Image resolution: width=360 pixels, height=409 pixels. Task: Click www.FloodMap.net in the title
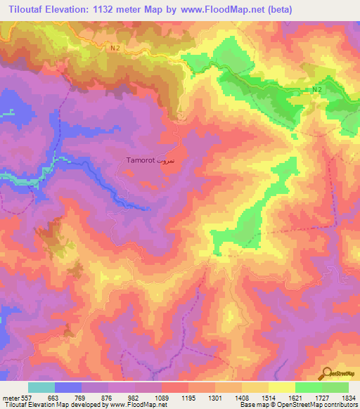pyautogui.click(x=218, y=9)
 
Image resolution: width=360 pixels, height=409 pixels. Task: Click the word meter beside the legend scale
pyautogui.click(x=10, y=397)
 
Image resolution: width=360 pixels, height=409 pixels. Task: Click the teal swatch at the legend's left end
pyautogui.click(x=41, y=387)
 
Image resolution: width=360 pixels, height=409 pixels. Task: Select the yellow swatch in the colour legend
pyautogui.click(x=281, y=387)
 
